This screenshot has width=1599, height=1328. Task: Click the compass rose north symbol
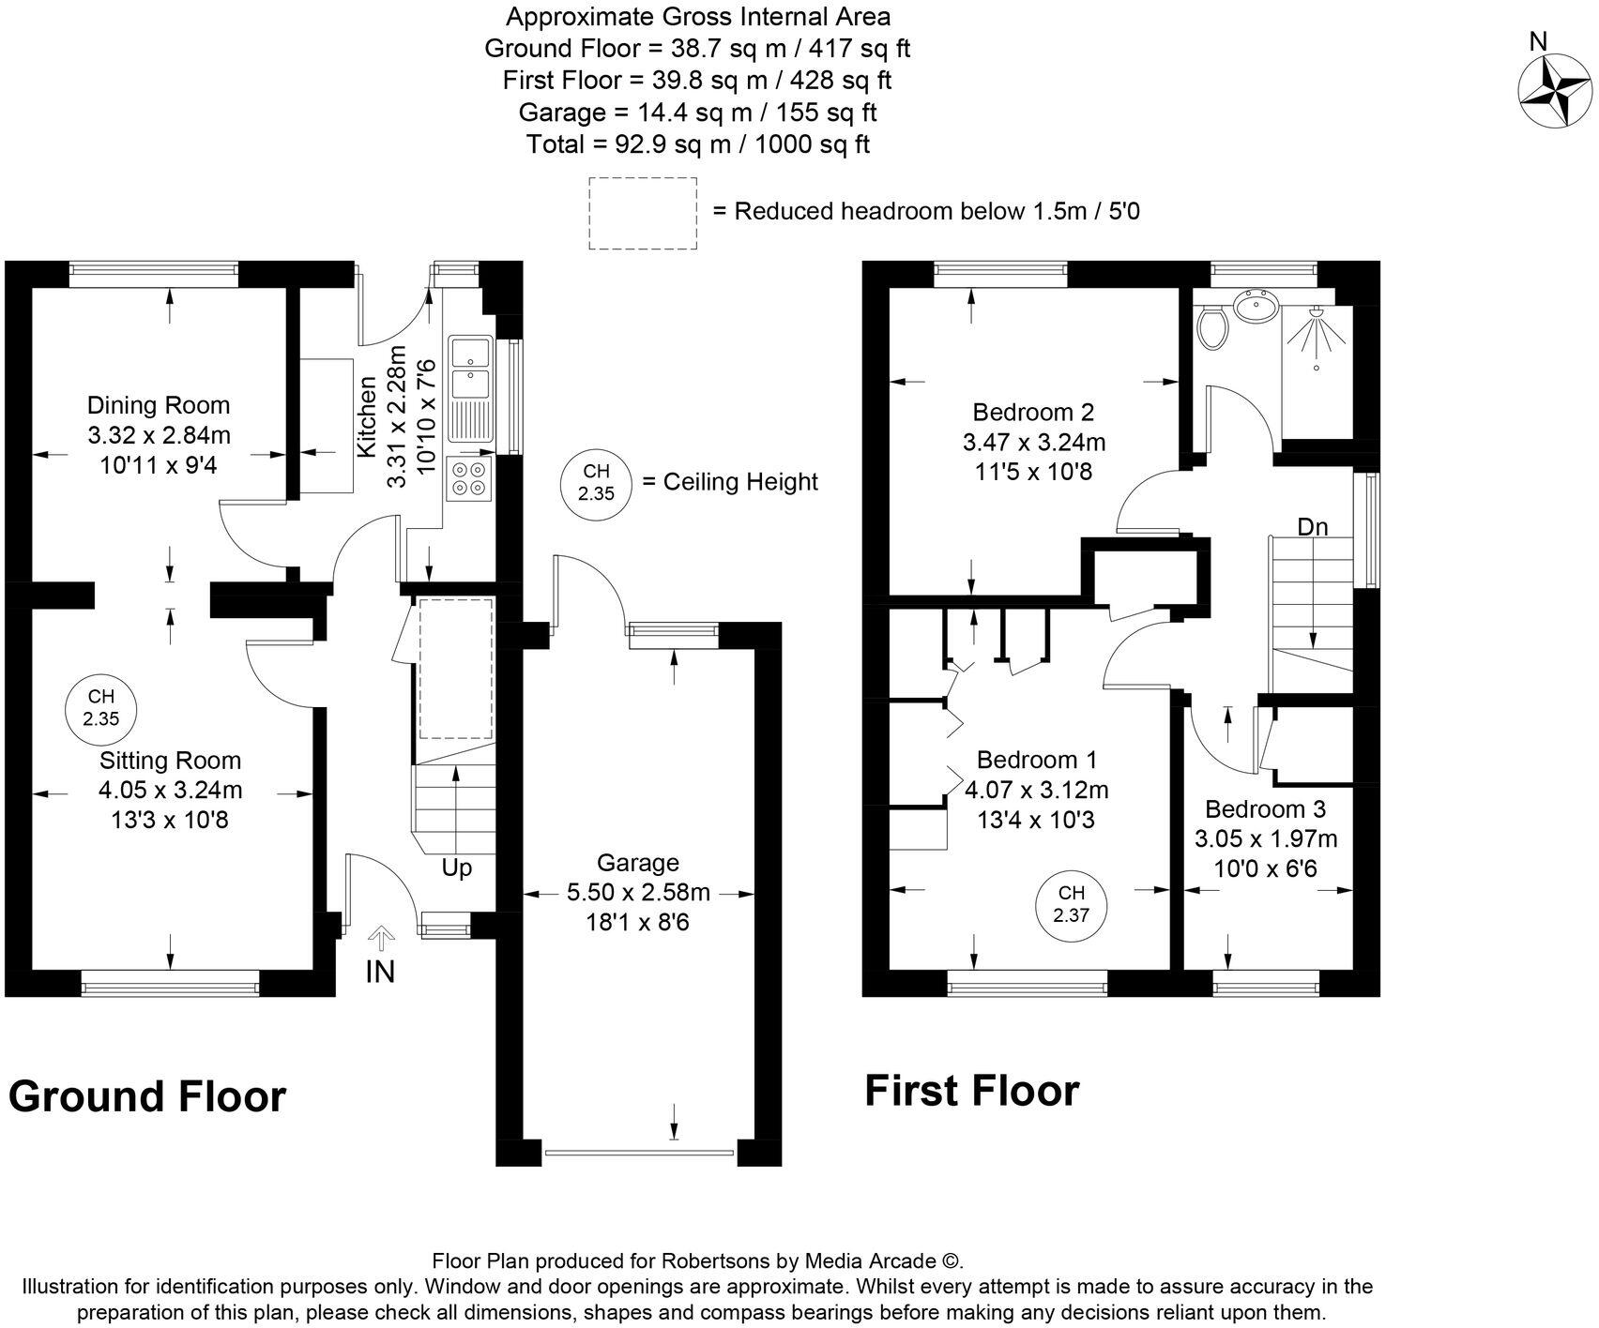1555,88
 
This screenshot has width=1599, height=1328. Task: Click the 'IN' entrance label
380,972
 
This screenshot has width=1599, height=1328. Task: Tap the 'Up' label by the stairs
456,868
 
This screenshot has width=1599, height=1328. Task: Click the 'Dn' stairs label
1313,527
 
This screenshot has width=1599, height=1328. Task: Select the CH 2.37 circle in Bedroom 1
1071,905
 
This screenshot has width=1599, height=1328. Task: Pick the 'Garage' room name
638,863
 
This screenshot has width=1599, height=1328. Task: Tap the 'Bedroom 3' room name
1265,808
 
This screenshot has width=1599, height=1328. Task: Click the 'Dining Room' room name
159,405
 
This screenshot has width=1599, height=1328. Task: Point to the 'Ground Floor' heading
147,1096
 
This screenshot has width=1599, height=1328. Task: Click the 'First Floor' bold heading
971,1091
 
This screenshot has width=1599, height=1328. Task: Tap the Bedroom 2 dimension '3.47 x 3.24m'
1033,442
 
